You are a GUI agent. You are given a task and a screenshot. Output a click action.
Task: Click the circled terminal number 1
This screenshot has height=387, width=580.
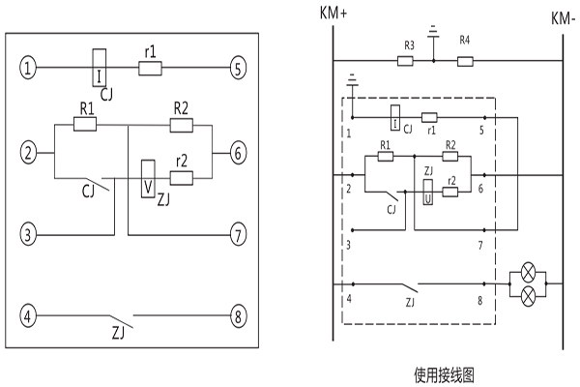click(x=29, y=69)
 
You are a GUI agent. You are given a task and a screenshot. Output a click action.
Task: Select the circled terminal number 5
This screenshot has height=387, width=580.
click(x=236, y=69)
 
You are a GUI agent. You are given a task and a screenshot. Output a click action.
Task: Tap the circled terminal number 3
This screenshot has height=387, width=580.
click(x=29, y=234)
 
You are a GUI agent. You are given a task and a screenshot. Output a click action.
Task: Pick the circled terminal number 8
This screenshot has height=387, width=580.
click(x=236, y=316)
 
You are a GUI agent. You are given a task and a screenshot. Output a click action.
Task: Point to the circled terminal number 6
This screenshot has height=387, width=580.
click(x=236, y=152)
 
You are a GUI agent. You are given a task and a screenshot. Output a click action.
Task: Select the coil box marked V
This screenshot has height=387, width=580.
click(x=147, y=177)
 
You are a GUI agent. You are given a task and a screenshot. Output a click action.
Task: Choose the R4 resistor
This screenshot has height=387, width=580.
click(x=465, y=61)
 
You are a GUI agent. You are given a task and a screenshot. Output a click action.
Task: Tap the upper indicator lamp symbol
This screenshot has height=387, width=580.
click(x=528, y=275)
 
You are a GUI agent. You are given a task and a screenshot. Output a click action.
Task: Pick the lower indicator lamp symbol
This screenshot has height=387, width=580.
click(x=528, y=297)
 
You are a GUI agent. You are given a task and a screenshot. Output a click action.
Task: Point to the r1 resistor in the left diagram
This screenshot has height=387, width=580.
click(x=149, y=69)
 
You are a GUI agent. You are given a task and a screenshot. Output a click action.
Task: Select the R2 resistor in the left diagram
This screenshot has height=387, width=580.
click(x=181, y=124)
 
